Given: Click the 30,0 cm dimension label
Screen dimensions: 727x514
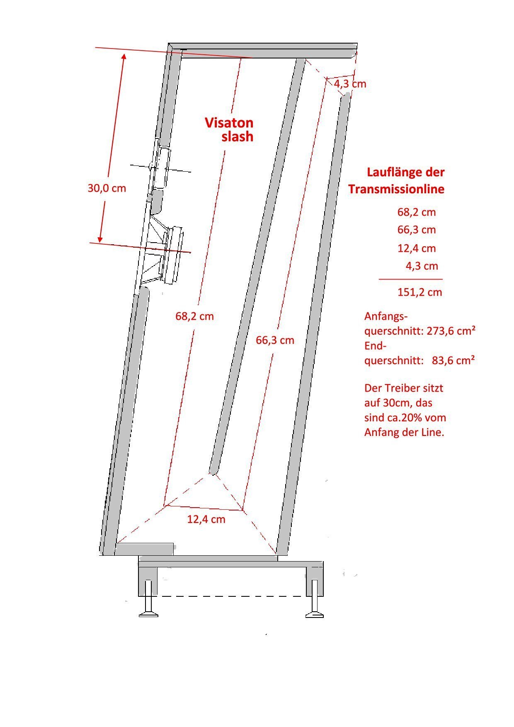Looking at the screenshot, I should (107, 188).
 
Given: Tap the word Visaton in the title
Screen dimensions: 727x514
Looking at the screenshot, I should (229, 123).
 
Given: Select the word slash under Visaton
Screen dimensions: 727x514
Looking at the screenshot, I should (237, 137).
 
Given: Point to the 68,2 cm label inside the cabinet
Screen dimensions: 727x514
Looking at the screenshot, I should (194, 316).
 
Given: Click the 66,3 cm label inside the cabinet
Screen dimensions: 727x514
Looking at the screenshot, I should (275, 340).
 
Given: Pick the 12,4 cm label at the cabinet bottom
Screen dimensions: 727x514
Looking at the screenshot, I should (206, 519).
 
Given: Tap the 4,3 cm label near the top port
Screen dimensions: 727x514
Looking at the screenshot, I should (350, 84).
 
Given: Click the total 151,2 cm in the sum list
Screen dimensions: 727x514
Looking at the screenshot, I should (419, 292).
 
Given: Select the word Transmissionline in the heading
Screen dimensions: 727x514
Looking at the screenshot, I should (396, 189).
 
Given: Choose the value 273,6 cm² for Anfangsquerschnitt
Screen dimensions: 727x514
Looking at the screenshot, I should (451, 331).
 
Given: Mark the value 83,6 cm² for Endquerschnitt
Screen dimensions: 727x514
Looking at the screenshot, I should (453, 360).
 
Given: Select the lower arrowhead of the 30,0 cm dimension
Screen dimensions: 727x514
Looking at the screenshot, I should (100, 239).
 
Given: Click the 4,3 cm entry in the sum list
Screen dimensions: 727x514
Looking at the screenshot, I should (422, 266).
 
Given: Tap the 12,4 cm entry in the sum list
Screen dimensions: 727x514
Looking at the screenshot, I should (417, 248).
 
